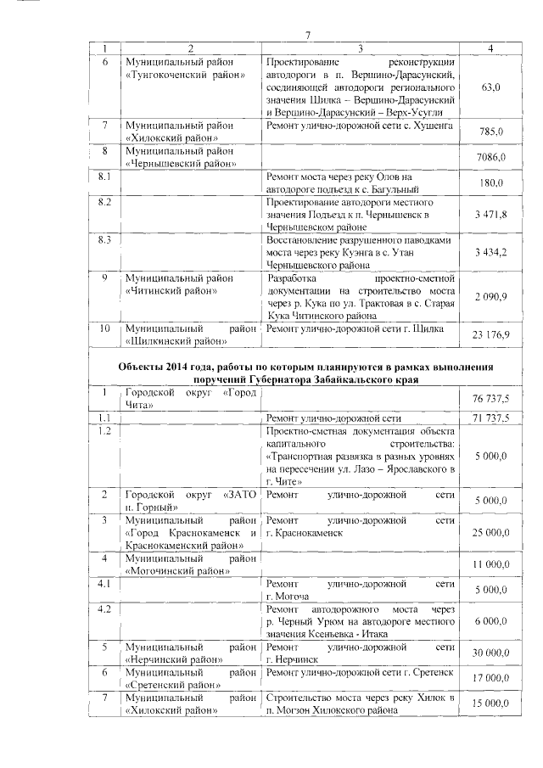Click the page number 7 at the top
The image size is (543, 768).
(x=309, y=34)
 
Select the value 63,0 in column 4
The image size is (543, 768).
(x=490, y=87)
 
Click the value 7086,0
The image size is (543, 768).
(x=491, y=157)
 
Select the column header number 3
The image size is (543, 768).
(x=361, y=48)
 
